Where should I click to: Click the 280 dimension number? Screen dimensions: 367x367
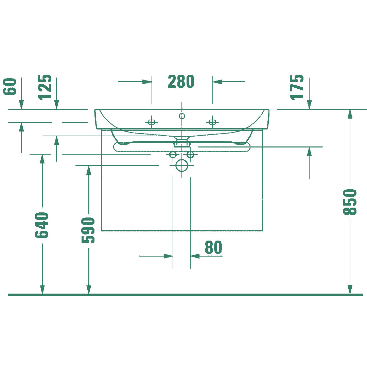(181, 82)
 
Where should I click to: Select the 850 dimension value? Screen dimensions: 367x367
(350, 202)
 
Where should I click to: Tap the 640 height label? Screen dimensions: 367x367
(42, 225)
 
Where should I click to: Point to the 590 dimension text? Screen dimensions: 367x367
(88, 230)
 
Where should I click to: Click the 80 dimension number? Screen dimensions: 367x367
(213, 247)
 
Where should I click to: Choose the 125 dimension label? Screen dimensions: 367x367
(45, 87)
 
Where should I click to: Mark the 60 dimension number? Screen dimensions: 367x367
(10, 87)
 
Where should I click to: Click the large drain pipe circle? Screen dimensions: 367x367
(181, 165)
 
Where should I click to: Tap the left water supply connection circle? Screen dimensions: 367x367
(173, 155)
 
